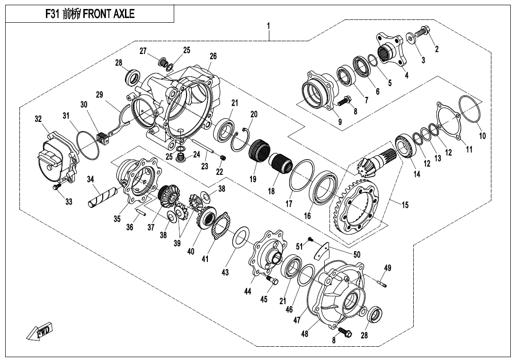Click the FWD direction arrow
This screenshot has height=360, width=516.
tap(39, 332)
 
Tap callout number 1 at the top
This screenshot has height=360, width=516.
tap(268, 26)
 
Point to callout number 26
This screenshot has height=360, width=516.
tap(213, 56)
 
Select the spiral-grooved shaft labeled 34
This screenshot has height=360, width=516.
tap(104, 198)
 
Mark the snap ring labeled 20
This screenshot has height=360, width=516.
tap(244, 136)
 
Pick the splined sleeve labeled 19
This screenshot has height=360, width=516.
tap(259, 153)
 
